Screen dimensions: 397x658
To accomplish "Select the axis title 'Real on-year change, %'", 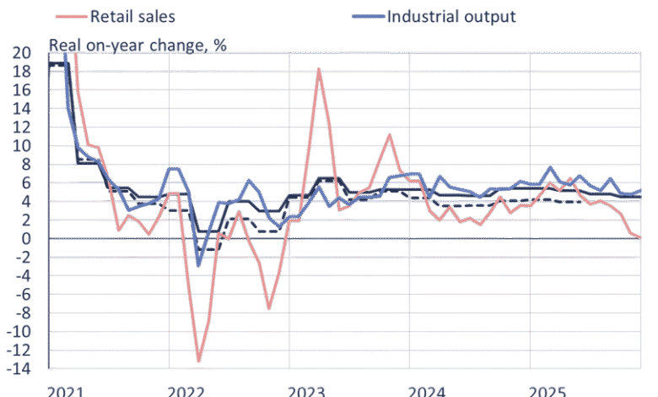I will (138, 45).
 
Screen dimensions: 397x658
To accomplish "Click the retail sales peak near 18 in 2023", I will (320, 69).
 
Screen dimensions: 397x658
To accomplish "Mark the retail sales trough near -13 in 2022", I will (199, 362).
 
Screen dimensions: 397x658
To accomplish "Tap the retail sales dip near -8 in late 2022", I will (269, 309).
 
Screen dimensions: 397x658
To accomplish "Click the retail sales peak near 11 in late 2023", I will (390, 134).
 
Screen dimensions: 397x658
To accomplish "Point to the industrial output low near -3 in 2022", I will (199, 266).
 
